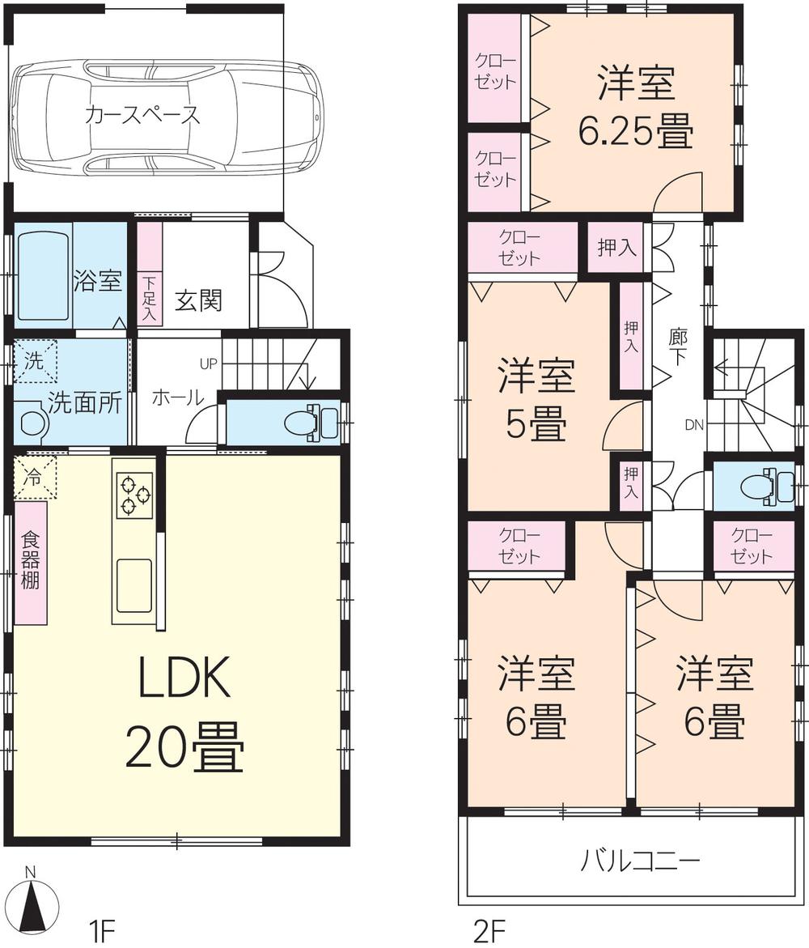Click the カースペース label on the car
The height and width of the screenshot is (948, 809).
pyautogui.click(x=142, y=114)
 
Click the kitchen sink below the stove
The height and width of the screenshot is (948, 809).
pyautogui.click(x=133, y=585)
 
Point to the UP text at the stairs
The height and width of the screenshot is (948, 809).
pyautogui.click(x=209, y=363)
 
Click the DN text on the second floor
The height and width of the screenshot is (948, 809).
pyautogui.click(x=694, y=423)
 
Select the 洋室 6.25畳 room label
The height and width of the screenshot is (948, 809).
pyautogui.click(x=636, y=108)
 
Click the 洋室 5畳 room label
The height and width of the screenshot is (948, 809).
pyautogui.click(x=536, y=401)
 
